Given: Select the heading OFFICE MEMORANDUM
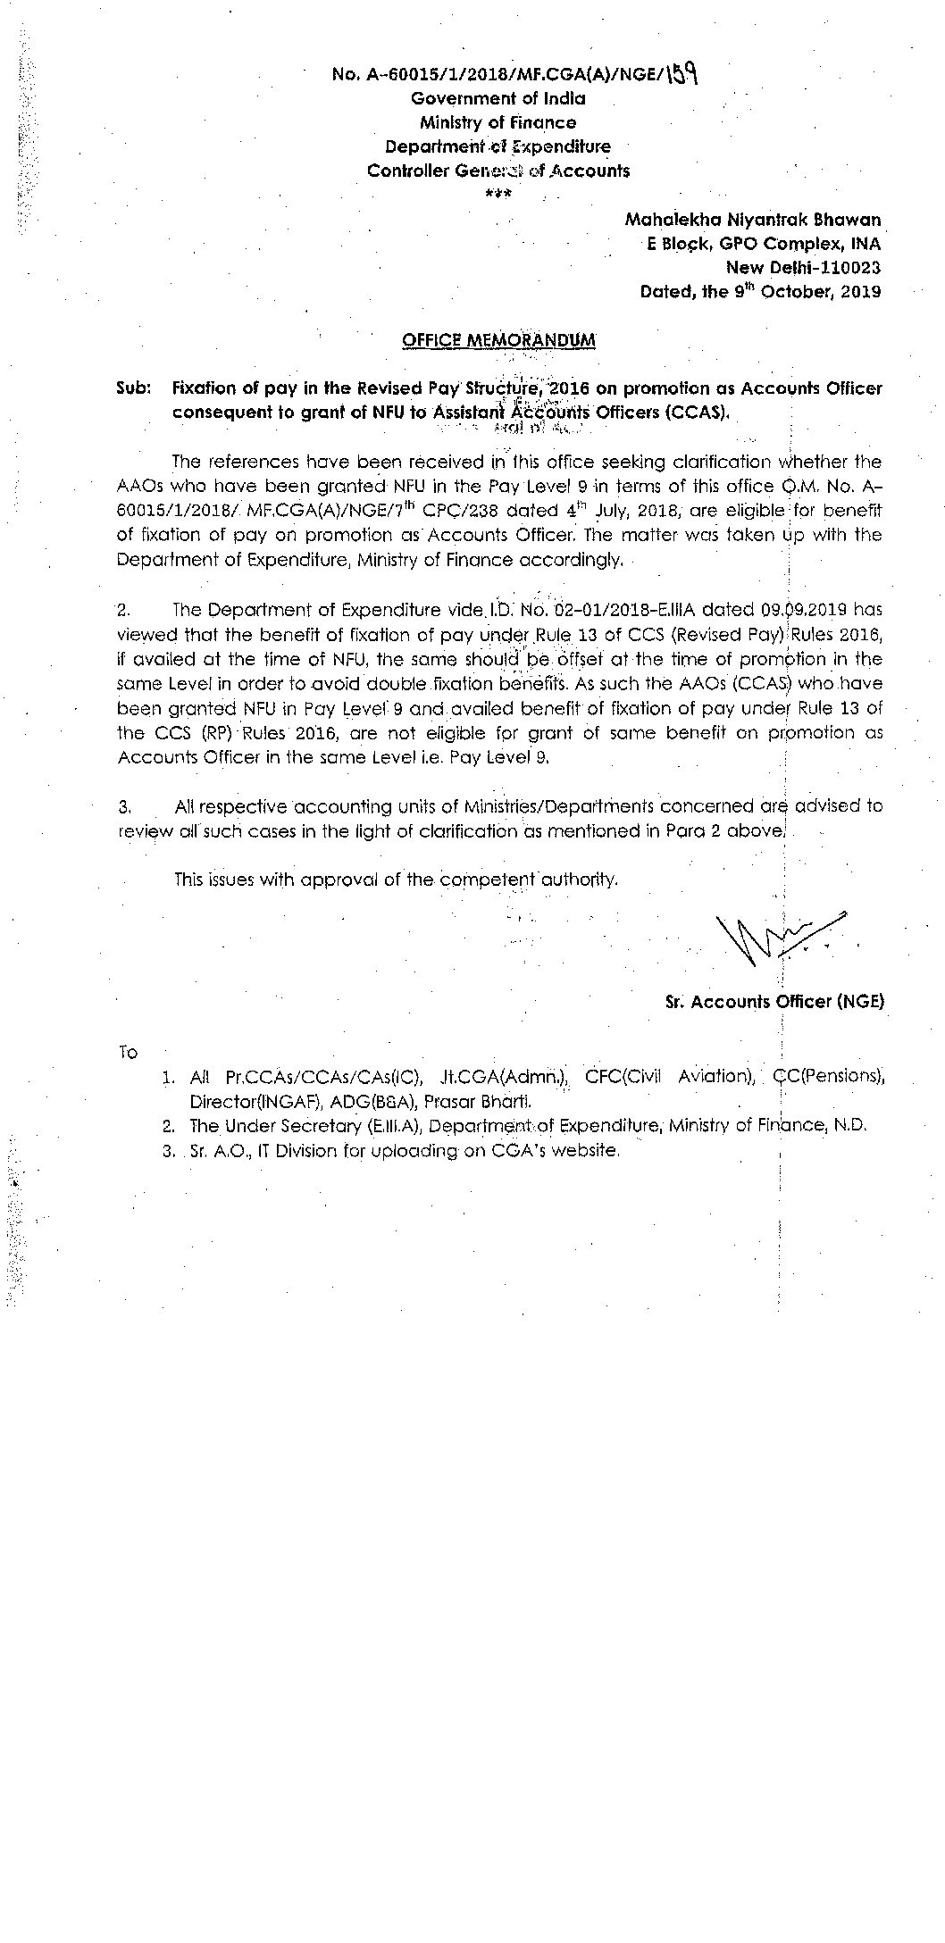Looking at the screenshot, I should coord(498,340).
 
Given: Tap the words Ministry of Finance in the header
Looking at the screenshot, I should coord(498,122).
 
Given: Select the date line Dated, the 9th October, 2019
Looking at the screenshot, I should coord(760,291).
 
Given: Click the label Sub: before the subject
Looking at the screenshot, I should coord(132,388).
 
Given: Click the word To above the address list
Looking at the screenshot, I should coord(128,1053).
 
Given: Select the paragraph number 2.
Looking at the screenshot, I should coord(124,611).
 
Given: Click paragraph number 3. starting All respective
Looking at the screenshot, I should coord(125,807).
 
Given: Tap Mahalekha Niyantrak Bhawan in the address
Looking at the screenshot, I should coord(753,219).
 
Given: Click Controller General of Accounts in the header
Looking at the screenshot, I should coord(498,171).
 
